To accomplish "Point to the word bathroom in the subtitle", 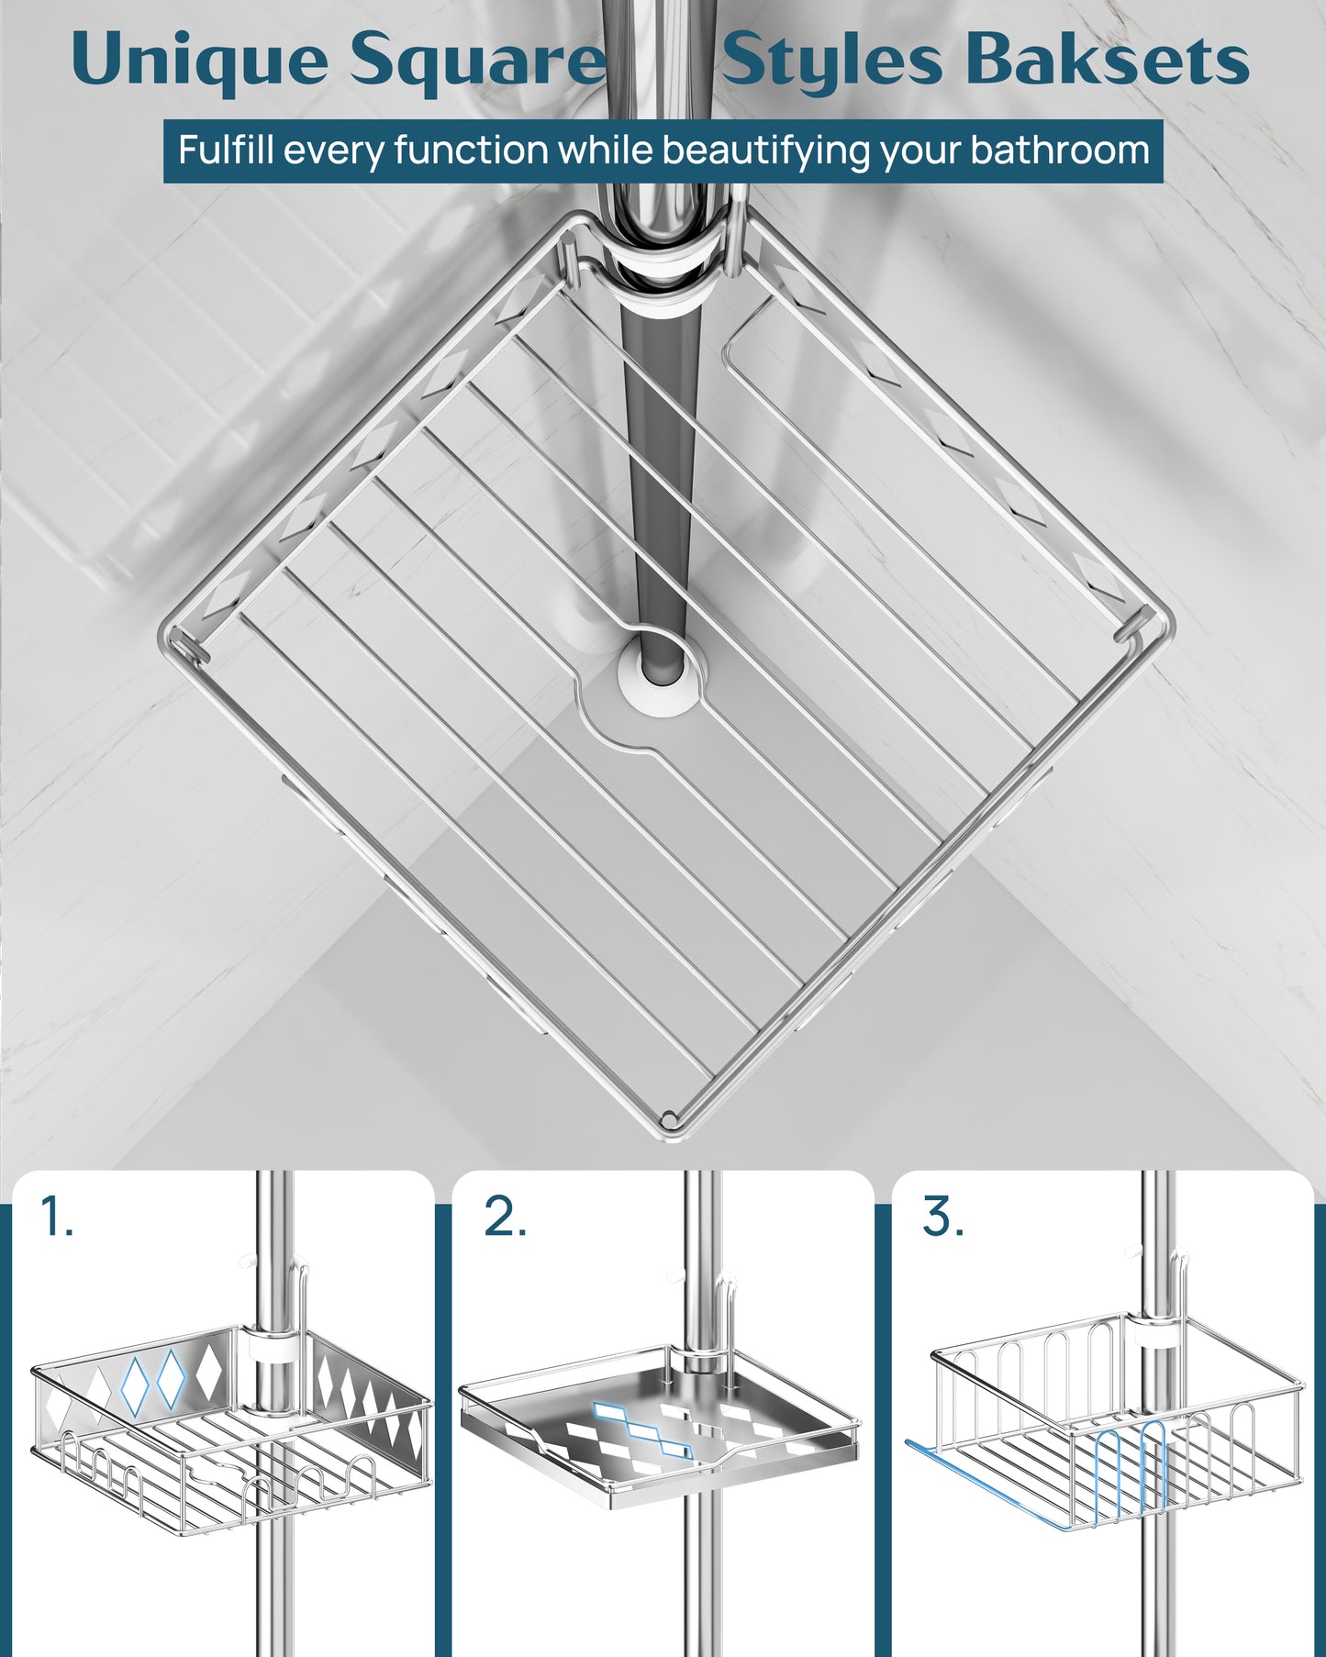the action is tap(1060, 150).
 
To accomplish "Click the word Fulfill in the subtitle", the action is tap(226, 150).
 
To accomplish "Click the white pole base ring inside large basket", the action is tap(657, 674).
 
